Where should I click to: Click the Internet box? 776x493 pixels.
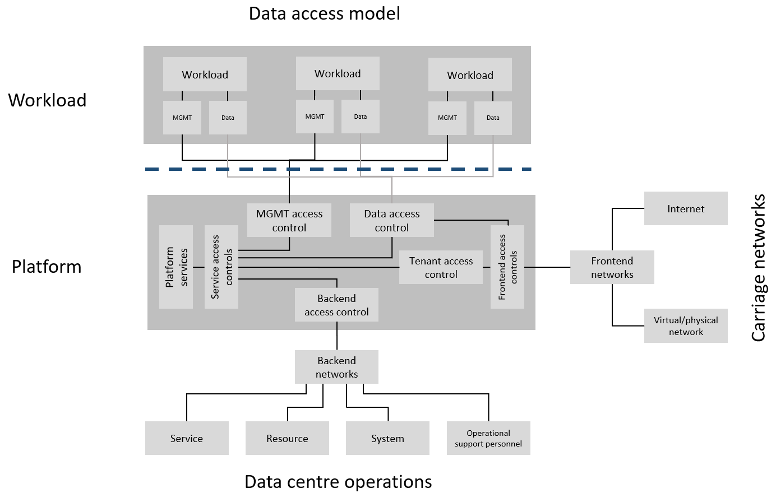pos(685,208)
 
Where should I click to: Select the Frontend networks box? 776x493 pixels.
pos(612,267)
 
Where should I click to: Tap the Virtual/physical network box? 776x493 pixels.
pos(685,325)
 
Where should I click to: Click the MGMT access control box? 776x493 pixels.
pos(289,220)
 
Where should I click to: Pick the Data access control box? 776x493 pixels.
pos(391,220)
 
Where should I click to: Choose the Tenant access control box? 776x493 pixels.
pos(441,267)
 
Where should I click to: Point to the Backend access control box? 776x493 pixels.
pos(336,305)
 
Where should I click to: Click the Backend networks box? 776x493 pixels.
pos(336,367)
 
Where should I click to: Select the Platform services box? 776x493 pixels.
pos(176,267)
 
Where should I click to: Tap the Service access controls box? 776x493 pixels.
pos(221,267)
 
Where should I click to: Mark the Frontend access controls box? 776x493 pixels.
pos(507,267)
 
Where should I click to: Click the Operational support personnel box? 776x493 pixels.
pos(488,438)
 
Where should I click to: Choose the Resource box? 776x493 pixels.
pos(287,438)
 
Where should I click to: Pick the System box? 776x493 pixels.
pos(387,438)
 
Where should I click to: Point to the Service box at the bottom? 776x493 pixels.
pos(187,438)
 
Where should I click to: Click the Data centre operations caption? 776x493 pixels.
pos(338,482)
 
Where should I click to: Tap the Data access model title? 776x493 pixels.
pos(324,13)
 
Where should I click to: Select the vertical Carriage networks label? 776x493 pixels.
pos(758,268)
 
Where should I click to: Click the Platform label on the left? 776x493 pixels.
pos(47,267)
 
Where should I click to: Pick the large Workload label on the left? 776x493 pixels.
pos(47,100)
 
